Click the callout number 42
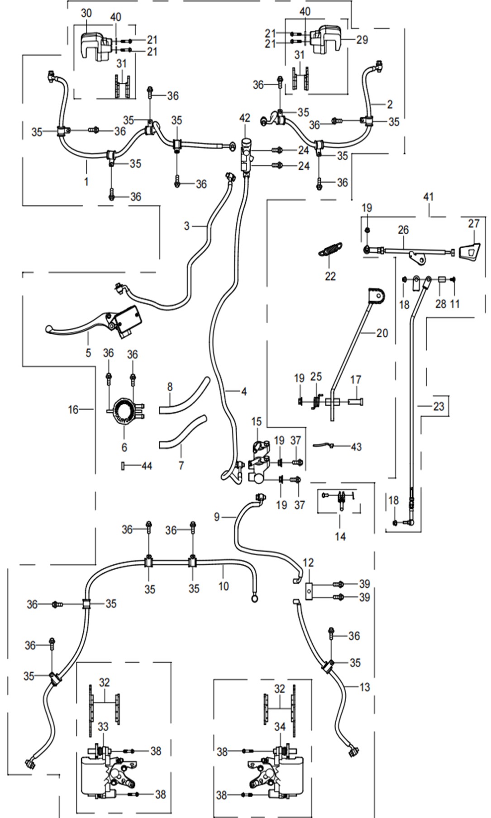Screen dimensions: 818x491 click(x=244, y=118)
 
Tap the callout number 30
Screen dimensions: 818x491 click(x=86, y=13)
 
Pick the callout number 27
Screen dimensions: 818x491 click(x=473, y=223)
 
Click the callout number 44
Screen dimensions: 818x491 click(x=147, y=466)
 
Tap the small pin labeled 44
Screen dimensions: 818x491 click(x=123, y=466)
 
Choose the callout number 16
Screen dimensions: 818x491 click(x=73, y=410)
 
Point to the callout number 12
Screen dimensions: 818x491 click(x=308, y=563)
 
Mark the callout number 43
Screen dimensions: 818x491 click(x=356, y=447)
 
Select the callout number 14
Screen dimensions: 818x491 click(x=340, y=536)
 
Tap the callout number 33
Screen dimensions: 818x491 click(x=103, y=727)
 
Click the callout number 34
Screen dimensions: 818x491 click(x=280, y=727)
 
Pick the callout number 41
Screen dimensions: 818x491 click(x=428, y=197)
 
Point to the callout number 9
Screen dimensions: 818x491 click(x=217, y=516)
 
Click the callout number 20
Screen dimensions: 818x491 click(x=382, y=333)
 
